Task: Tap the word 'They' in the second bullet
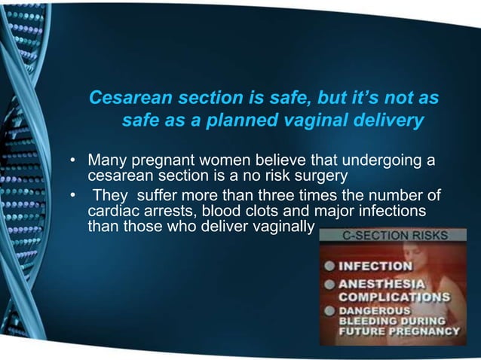[x=110, y=198]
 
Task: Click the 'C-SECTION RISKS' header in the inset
[x=387, y=235]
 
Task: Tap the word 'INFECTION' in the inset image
[x=375, y=266]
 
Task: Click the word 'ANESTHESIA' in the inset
[x=381, y=284]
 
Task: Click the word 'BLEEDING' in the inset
[x=365, y=320]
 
